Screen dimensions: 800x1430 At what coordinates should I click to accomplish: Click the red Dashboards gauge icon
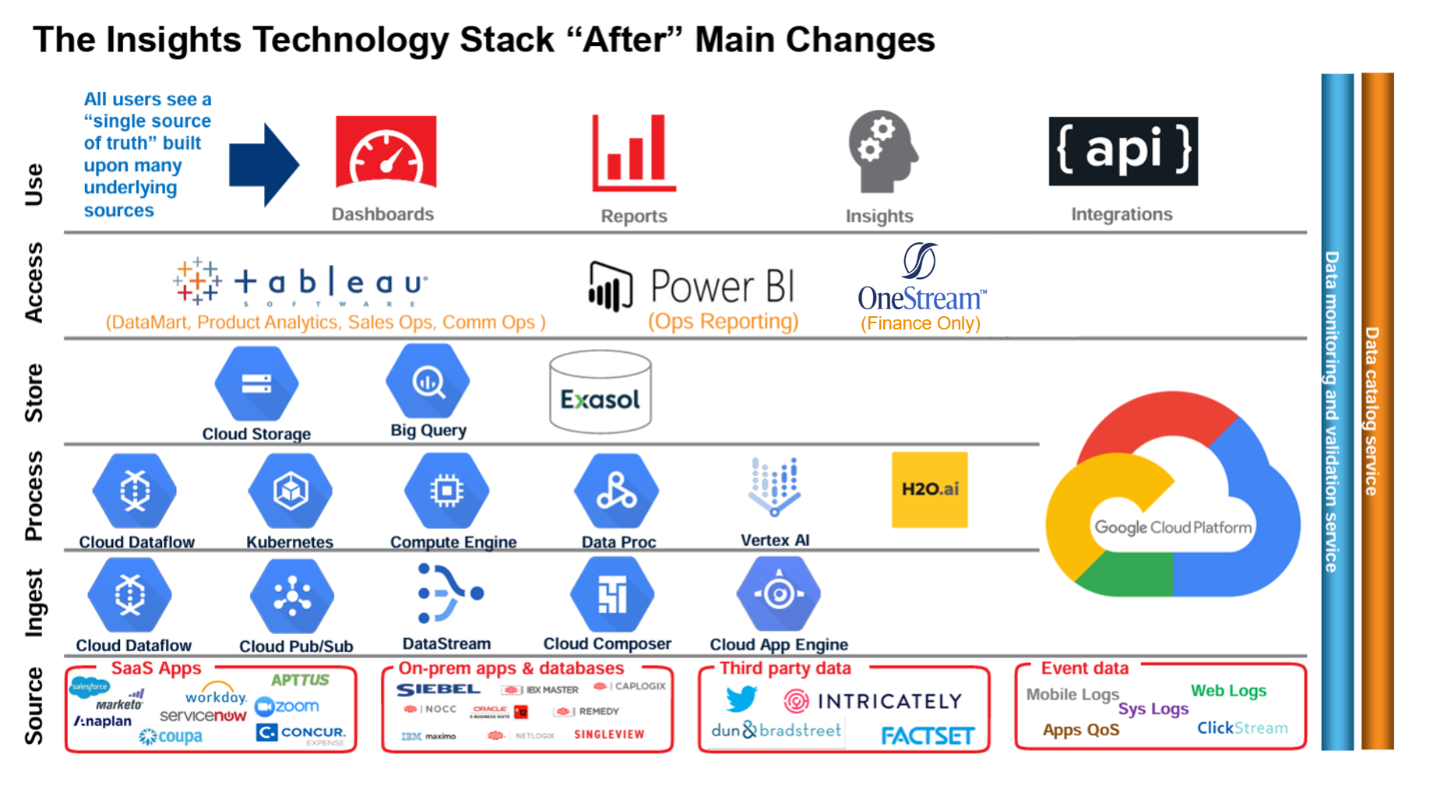[x=386, y=152]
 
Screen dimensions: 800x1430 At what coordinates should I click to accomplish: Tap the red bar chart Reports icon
[x=634, y=153]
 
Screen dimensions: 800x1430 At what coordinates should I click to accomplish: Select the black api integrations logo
[x=1122, y=151]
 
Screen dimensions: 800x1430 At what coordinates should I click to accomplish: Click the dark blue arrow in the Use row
[x=263, y=164]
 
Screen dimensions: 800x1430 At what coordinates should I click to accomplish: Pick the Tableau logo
[x=301, y=281]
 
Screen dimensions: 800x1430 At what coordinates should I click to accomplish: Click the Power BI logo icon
[x=610, y=287]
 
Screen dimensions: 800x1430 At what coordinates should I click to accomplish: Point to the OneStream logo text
[x=921, y=298]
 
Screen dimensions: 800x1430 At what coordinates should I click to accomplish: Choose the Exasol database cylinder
[x=600, y=392]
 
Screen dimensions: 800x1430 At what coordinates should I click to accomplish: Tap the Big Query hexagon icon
[x=428, y=382]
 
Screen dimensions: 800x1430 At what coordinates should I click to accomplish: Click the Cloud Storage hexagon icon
[x=256, y=384]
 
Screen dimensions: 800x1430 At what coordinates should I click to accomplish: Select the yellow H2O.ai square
[x=929, y=489]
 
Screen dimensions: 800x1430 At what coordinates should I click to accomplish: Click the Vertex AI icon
[x=774, y=487]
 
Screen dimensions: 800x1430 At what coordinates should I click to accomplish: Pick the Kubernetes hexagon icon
[x=291, y=492]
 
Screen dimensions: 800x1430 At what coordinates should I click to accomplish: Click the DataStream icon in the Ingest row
[x=449, y=594]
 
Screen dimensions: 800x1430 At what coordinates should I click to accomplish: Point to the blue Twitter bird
[x=741, y=698]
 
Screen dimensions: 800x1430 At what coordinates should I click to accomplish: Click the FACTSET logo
[x=927, y=735]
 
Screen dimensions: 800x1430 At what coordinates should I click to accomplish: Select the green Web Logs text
[x=1228, y=690]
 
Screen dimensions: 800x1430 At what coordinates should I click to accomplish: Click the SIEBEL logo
[x=438, y=689]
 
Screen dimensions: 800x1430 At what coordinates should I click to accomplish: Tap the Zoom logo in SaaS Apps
[x=287, y=707]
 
